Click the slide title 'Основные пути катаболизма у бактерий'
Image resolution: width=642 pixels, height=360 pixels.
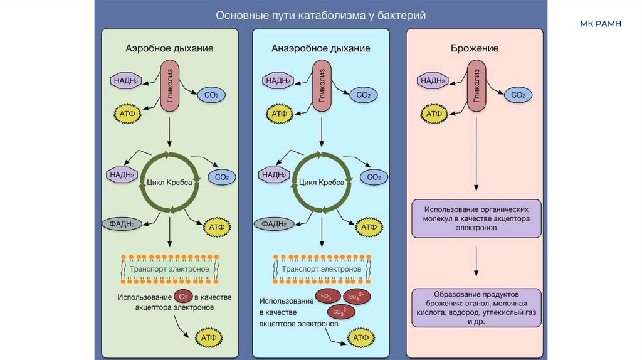[320, 16]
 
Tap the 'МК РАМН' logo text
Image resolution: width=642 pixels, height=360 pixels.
[601, 24]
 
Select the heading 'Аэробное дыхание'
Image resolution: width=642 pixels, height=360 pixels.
[169, 48]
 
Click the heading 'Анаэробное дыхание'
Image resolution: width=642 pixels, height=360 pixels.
[320, 48]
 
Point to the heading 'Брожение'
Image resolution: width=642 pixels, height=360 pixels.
[475, 48]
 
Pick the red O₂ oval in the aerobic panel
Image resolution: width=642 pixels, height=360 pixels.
[182, 297]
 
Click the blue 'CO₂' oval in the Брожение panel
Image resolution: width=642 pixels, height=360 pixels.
[518, 95]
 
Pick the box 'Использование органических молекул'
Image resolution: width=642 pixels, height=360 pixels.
[476, 218]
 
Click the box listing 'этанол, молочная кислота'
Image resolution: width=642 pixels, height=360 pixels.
[476, 307]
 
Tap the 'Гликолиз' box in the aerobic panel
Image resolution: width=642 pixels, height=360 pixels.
[171, 86]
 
